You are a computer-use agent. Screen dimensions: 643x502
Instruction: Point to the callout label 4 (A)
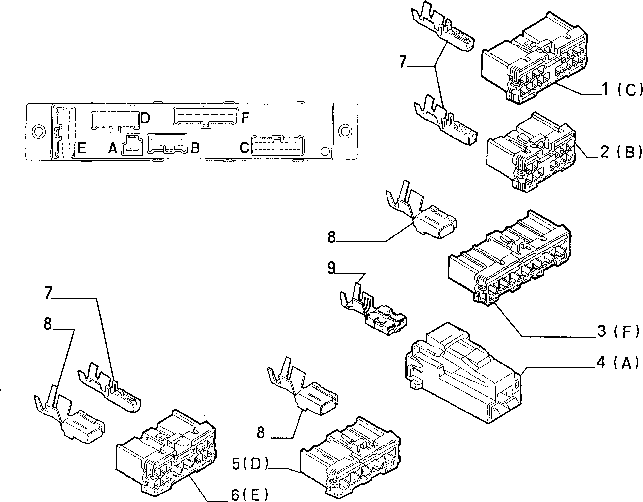pyautogui.click(x=617, y=363)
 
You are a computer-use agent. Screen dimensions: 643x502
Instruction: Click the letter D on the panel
pyautogui.click(x=145, y=118)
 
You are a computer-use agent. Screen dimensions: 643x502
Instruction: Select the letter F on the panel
pyautogui.click(x=245, y=118)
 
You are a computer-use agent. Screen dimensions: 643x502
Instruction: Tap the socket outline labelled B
pyautogui.click(x=168, y=143)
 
